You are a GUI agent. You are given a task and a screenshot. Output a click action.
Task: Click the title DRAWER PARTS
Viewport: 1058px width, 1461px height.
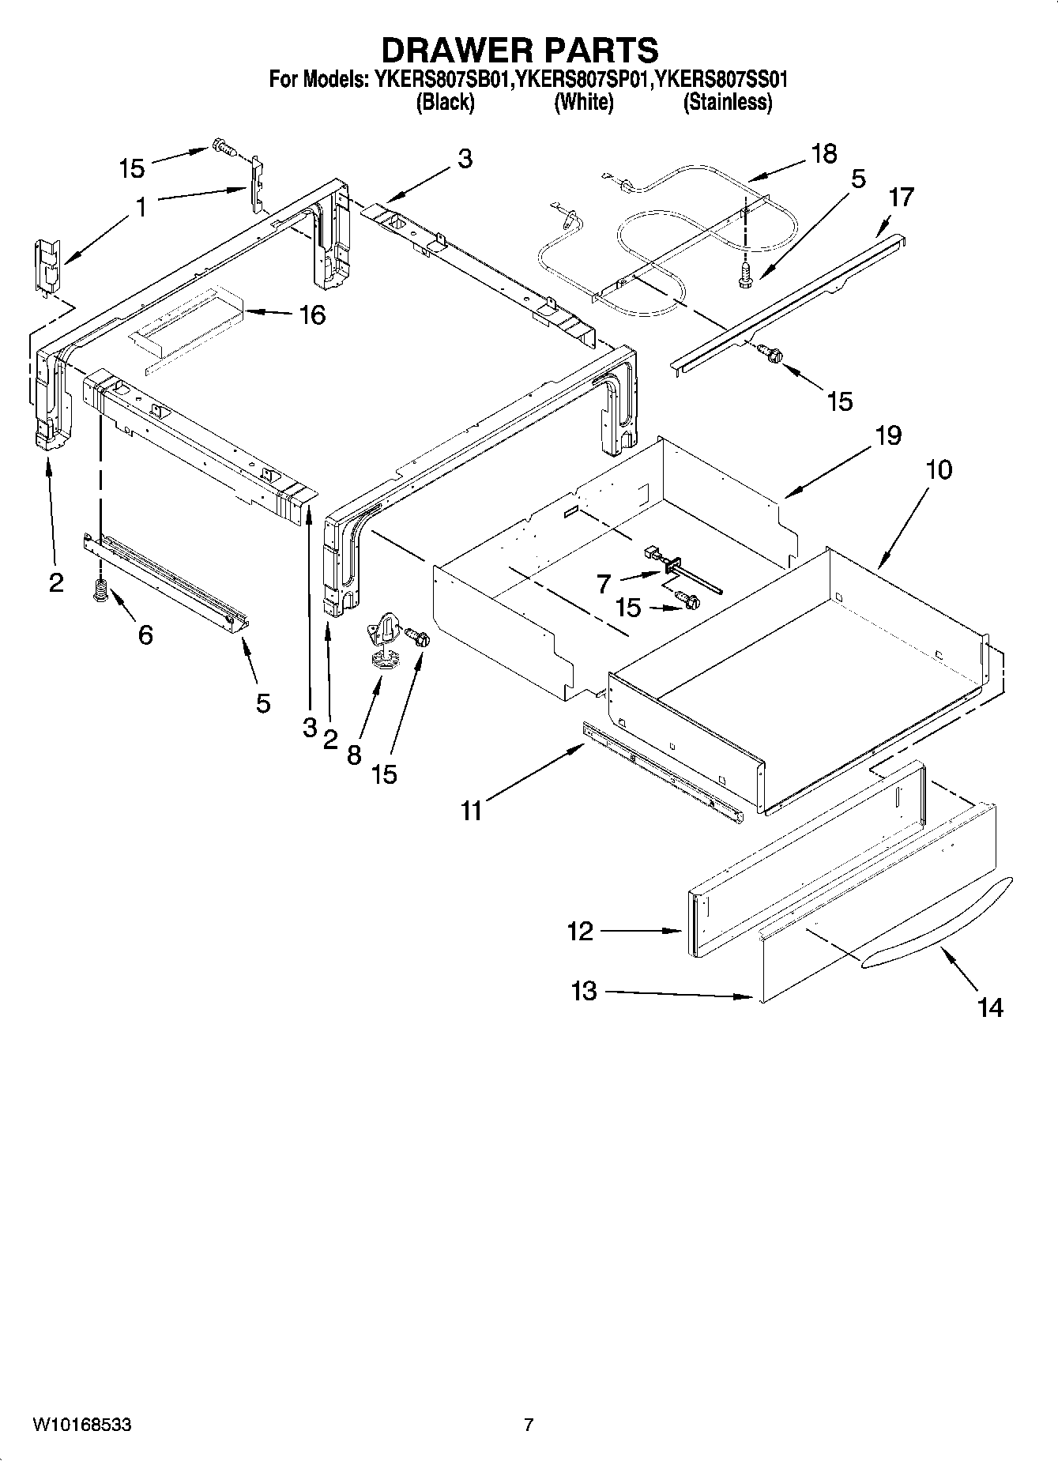click(520, 50)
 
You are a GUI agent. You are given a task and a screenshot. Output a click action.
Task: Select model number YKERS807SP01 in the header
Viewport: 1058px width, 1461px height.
click(585, 80)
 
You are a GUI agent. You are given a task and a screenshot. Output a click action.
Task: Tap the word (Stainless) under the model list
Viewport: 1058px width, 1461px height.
click(727, 102)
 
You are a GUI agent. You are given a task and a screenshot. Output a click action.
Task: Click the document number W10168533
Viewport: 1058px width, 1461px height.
click(82, 1425)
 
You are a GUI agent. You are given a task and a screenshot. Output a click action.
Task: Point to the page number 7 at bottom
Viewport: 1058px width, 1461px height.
click(529, 1425)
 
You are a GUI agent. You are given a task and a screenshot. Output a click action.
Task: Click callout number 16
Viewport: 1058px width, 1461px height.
click(312, 315)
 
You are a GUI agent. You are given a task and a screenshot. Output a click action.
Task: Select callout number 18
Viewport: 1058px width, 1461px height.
click(823, 153)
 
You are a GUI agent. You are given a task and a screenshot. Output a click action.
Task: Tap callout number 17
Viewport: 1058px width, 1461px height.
click(901, 197)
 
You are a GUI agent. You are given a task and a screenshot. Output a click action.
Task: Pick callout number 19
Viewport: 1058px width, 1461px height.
click(888, 435)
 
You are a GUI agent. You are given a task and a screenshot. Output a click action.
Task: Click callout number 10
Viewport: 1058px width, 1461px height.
click(939, 469)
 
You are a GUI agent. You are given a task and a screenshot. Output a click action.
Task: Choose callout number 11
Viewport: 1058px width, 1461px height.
click(472, 811)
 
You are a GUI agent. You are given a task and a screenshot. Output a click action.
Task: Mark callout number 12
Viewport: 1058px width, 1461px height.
click(580, 931)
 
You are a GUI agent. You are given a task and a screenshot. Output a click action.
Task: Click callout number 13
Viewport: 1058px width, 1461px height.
click(584, 991)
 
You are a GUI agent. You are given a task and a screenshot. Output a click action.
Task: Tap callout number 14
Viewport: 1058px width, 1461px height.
click(990, 1007)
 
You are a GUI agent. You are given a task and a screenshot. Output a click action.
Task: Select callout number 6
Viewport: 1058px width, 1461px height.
click(145, 634)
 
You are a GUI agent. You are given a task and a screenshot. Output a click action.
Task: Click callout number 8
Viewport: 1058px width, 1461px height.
click(354, 755)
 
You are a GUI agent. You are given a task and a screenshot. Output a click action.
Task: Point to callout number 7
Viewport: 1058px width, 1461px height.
click(604, 583)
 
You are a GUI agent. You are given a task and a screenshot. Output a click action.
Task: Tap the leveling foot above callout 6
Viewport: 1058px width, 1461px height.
click(100, 590)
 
